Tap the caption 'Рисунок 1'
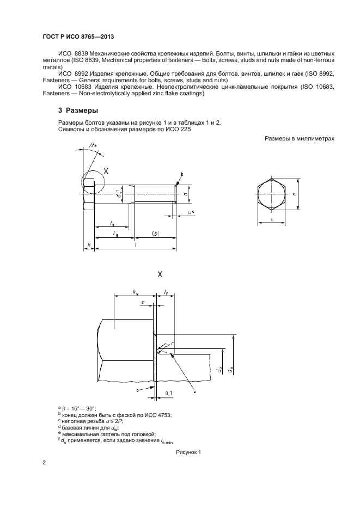[x=188, y=452]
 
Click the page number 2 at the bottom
[x=44, y=463]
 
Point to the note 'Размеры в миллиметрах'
[x=299, y=139]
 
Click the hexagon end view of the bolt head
[x=271, y=193]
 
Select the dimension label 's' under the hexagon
[x=271, y=219]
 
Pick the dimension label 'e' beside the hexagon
[x=294, y=193]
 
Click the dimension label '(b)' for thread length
[x=155, y=234]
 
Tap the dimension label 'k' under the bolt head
[x=89, y=244]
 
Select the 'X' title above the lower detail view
[x=160, y=273]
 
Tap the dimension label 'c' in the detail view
[x=142, y=302]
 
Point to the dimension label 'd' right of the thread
[x=186, y=192]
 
